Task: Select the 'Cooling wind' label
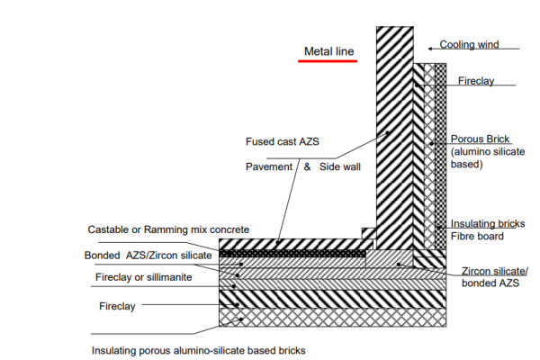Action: pos(469,44)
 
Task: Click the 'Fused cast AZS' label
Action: pos(282,142)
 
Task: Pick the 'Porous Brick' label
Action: pos(481,139)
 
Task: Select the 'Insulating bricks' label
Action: pos(487,224)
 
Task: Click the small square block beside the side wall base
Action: pos(367,234)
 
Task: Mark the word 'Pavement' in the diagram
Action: pos(269,167)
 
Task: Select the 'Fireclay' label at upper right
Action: pos(476,81)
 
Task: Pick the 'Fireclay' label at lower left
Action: pos(118,307)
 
